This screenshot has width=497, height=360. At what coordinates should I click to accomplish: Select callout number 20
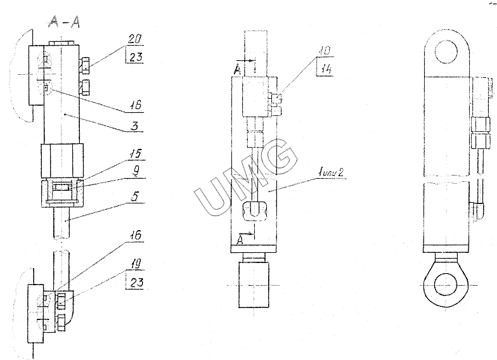[x=135, y=39]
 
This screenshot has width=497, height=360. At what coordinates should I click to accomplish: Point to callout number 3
[x=134, y=125]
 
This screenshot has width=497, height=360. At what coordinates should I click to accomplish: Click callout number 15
[x=135, y=154]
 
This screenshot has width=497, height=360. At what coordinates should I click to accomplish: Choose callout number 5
[x=134, y=196]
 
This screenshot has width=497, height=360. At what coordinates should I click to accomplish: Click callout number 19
[x=135, y=264]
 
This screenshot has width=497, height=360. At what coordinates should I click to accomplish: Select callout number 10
[x=325, y=51]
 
